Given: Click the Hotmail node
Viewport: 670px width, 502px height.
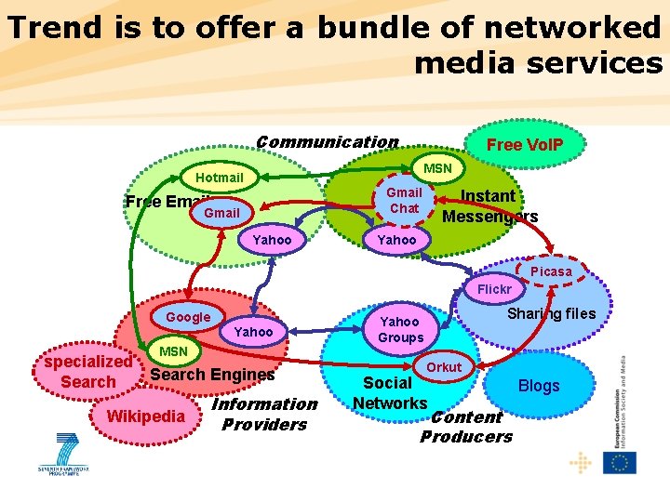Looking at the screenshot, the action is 221,178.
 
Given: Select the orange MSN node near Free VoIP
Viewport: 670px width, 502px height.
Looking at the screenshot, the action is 437,168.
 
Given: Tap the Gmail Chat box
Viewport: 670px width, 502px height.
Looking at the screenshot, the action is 404,201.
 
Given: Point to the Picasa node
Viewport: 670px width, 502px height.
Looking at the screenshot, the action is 551,271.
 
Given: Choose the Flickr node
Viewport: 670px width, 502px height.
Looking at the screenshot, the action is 494,290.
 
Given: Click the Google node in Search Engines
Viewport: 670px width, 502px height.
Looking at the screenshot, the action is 188,317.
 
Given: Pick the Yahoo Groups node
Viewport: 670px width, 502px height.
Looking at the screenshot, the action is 400,329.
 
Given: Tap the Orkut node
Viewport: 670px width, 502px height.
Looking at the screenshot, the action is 444,367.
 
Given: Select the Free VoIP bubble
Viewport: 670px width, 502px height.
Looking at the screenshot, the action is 524,145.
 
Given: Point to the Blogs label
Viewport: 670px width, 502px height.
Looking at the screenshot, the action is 539,386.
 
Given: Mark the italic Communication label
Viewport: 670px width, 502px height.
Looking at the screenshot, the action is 327,142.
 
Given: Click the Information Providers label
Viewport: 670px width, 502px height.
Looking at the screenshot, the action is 264,415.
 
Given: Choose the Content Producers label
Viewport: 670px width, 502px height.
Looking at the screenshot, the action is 466,427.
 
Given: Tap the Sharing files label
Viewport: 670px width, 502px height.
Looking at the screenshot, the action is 551,313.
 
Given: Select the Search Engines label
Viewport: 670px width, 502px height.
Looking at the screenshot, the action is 212,375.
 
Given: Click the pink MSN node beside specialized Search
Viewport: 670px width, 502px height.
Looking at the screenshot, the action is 173,351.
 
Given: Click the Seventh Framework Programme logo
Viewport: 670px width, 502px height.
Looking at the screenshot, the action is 67,454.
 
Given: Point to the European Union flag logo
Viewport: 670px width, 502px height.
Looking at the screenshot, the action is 620,462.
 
